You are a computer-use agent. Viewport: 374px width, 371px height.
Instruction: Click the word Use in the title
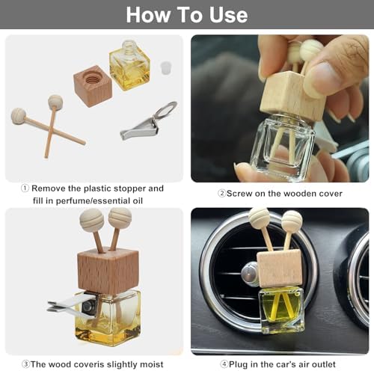pos(228,15)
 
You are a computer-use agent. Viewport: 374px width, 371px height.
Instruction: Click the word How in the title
pos(148,15)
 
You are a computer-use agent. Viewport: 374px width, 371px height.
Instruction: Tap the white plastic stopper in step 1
pos(166,67)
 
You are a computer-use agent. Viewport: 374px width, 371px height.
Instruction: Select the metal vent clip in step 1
pos(149,120)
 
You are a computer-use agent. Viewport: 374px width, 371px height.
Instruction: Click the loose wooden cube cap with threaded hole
pos(93,86)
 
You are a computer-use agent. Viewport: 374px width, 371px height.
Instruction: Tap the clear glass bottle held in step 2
pos(283,146)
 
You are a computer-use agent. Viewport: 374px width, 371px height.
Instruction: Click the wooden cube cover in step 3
pos(108,271)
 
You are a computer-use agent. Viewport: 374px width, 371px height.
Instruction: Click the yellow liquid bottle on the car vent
pos(282,310)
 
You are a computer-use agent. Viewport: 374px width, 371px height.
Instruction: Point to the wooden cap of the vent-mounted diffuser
pos(280,269)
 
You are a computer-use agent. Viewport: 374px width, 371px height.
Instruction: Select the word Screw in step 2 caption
pos(239,194)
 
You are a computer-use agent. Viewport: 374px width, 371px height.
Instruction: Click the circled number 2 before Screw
pos(221,193)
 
